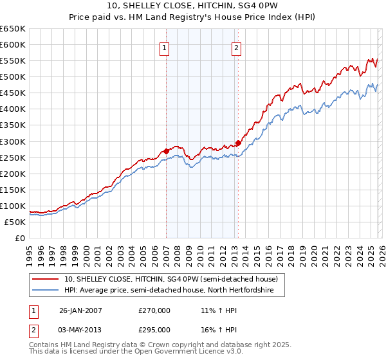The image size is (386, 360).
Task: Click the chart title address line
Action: tap(192, 6)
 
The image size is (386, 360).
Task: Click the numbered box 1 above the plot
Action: tap(165, 48)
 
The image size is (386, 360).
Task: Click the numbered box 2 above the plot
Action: tap(237, 48)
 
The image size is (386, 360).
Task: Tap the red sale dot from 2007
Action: tap(166, 151)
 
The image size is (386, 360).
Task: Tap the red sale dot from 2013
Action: tap(237, 143)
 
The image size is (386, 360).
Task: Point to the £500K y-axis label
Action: tap(13, 77)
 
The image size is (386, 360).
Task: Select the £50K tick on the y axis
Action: tap(15, 222)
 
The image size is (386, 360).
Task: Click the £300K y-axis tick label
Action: tap(13, 141)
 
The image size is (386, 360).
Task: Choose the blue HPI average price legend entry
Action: tap(169, 291)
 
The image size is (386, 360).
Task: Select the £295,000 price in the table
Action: tap(154, 329)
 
